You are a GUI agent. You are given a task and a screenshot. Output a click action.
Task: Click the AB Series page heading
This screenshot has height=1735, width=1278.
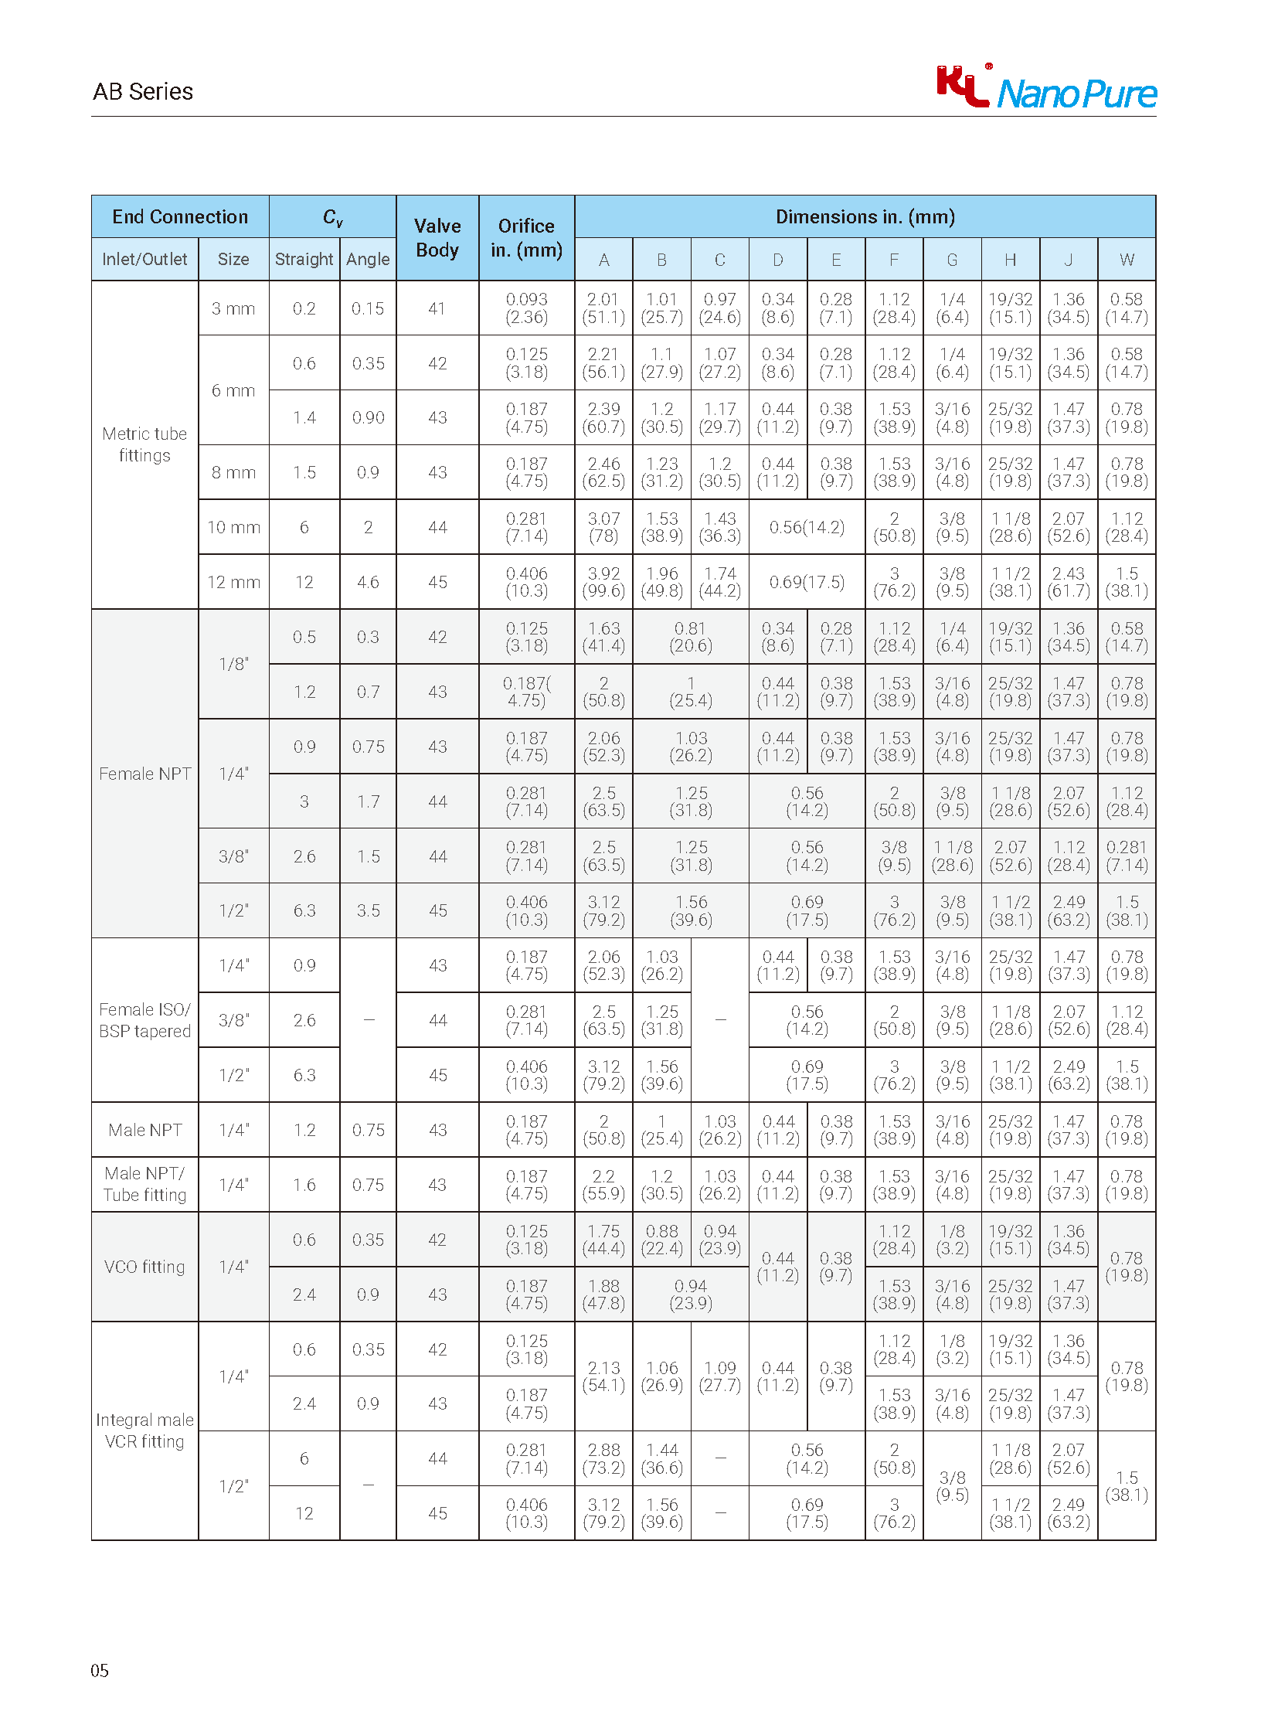click(x=143, y=91)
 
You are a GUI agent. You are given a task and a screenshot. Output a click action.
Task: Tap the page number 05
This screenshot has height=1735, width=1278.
click(x=100, y=1670)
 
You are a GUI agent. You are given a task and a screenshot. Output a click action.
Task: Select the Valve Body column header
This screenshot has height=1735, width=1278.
click(x=437, y=237)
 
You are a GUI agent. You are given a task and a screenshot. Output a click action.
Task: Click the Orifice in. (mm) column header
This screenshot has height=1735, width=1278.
click(x=526, y=237)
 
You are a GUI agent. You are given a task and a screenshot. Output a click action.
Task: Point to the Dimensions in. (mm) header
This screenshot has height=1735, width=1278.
click(x=865, y=216)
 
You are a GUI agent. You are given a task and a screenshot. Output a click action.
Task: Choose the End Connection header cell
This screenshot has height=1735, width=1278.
click(x=180, y=216)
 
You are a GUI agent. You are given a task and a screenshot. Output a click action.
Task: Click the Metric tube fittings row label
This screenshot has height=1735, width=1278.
click(x=144, y=444)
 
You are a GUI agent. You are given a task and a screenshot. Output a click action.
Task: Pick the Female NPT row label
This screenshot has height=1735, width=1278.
click(x=144, y=774)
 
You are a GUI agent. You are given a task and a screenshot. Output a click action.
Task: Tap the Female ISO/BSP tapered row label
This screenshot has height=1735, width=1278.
click(x=144, y=1020)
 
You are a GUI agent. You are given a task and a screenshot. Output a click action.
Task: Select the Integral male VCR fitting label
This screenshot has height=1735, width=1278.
click(x=144, y=1430)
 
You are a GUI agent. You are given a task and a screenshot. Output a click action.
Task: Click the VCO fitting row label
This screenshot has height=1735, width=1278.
click(x=144, y=1267)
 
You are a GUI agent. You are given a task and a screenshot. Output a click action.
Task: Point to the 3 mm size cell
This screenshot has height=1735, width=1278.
click(x=233, y=308)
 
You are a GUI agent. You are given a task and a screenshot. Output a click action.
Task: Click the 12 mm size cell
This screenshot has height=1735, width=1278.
click(x=233, y=582)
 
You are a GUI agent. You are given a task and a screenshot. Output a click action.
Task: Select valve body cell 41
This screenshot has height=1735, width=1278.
click(x=437, y=308)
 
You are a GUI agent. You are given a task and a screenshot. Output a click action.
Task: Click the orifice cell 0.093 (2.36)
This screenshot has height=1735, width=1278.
click(x=526, y=308)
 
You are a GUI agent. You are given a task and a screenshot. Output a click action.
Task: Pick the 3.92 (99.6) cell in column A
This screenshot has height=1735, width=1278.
click(x=603, y=582)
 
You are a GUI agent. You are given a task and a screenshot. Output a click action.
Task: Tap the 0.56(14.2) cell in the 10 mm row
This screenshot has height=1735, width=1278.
click(x=807, y=527)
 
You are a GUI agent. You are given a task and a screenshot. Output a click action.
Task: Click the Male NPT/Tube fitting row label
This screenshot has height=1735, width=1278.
click(x=144, y=1184)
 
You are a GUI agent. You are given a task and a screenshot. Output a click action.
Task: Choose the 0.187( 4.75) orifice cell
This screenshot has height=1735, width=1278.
click(x=526, y=692)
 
